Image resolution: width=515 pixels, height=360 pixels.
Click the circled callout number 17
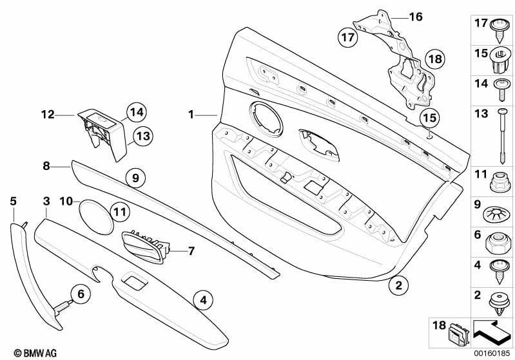click(x=348, y=37)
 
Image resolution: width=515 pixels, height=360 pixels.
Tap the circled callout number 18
click(x=435, y=59)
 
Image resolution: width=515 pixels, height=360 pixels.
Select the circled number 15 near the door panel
click(x=430, y=118)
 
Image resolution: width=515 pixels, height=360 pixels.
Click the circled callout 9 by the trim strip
click(x=135, y=178)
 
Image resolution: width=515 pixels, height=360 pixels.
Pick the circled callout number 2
click(x=399, y=285)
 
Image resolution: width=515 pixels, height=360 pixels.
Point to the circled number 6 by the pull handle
click(x=81, y=294)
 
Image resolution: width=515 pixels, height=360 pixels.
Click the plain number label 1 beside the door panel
click(x=191, y=115)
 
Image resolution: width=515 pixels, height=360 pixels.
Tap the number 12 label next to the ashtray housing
click(x=48, y=115)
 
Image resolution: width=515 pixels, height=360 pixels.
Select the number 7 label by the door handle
click(x=191, y=251)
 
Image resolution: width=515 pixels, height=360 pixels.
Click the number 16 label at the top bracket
click(x=416, y=16)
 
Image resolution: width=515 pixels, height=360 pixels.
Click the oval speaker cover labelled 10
click(x=96, y=218)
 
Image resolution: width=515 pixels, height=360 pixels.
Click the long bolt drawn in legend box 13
click(x=501, y=136)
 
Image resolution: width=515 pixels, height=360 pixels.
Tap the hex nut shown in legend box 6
click(x=498, y=243)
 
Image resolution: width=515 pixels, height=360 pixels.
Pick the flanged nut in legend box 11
click(x=500, y=182)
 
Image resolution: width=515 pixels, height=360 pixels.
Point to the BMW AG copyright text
click(x=35, y=353)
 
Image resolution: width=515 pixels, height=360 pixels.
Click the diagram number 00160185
click(x=492, y=354)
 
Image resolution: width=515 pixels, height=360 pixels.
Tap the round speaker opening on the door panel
click(x=266, y=119)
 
